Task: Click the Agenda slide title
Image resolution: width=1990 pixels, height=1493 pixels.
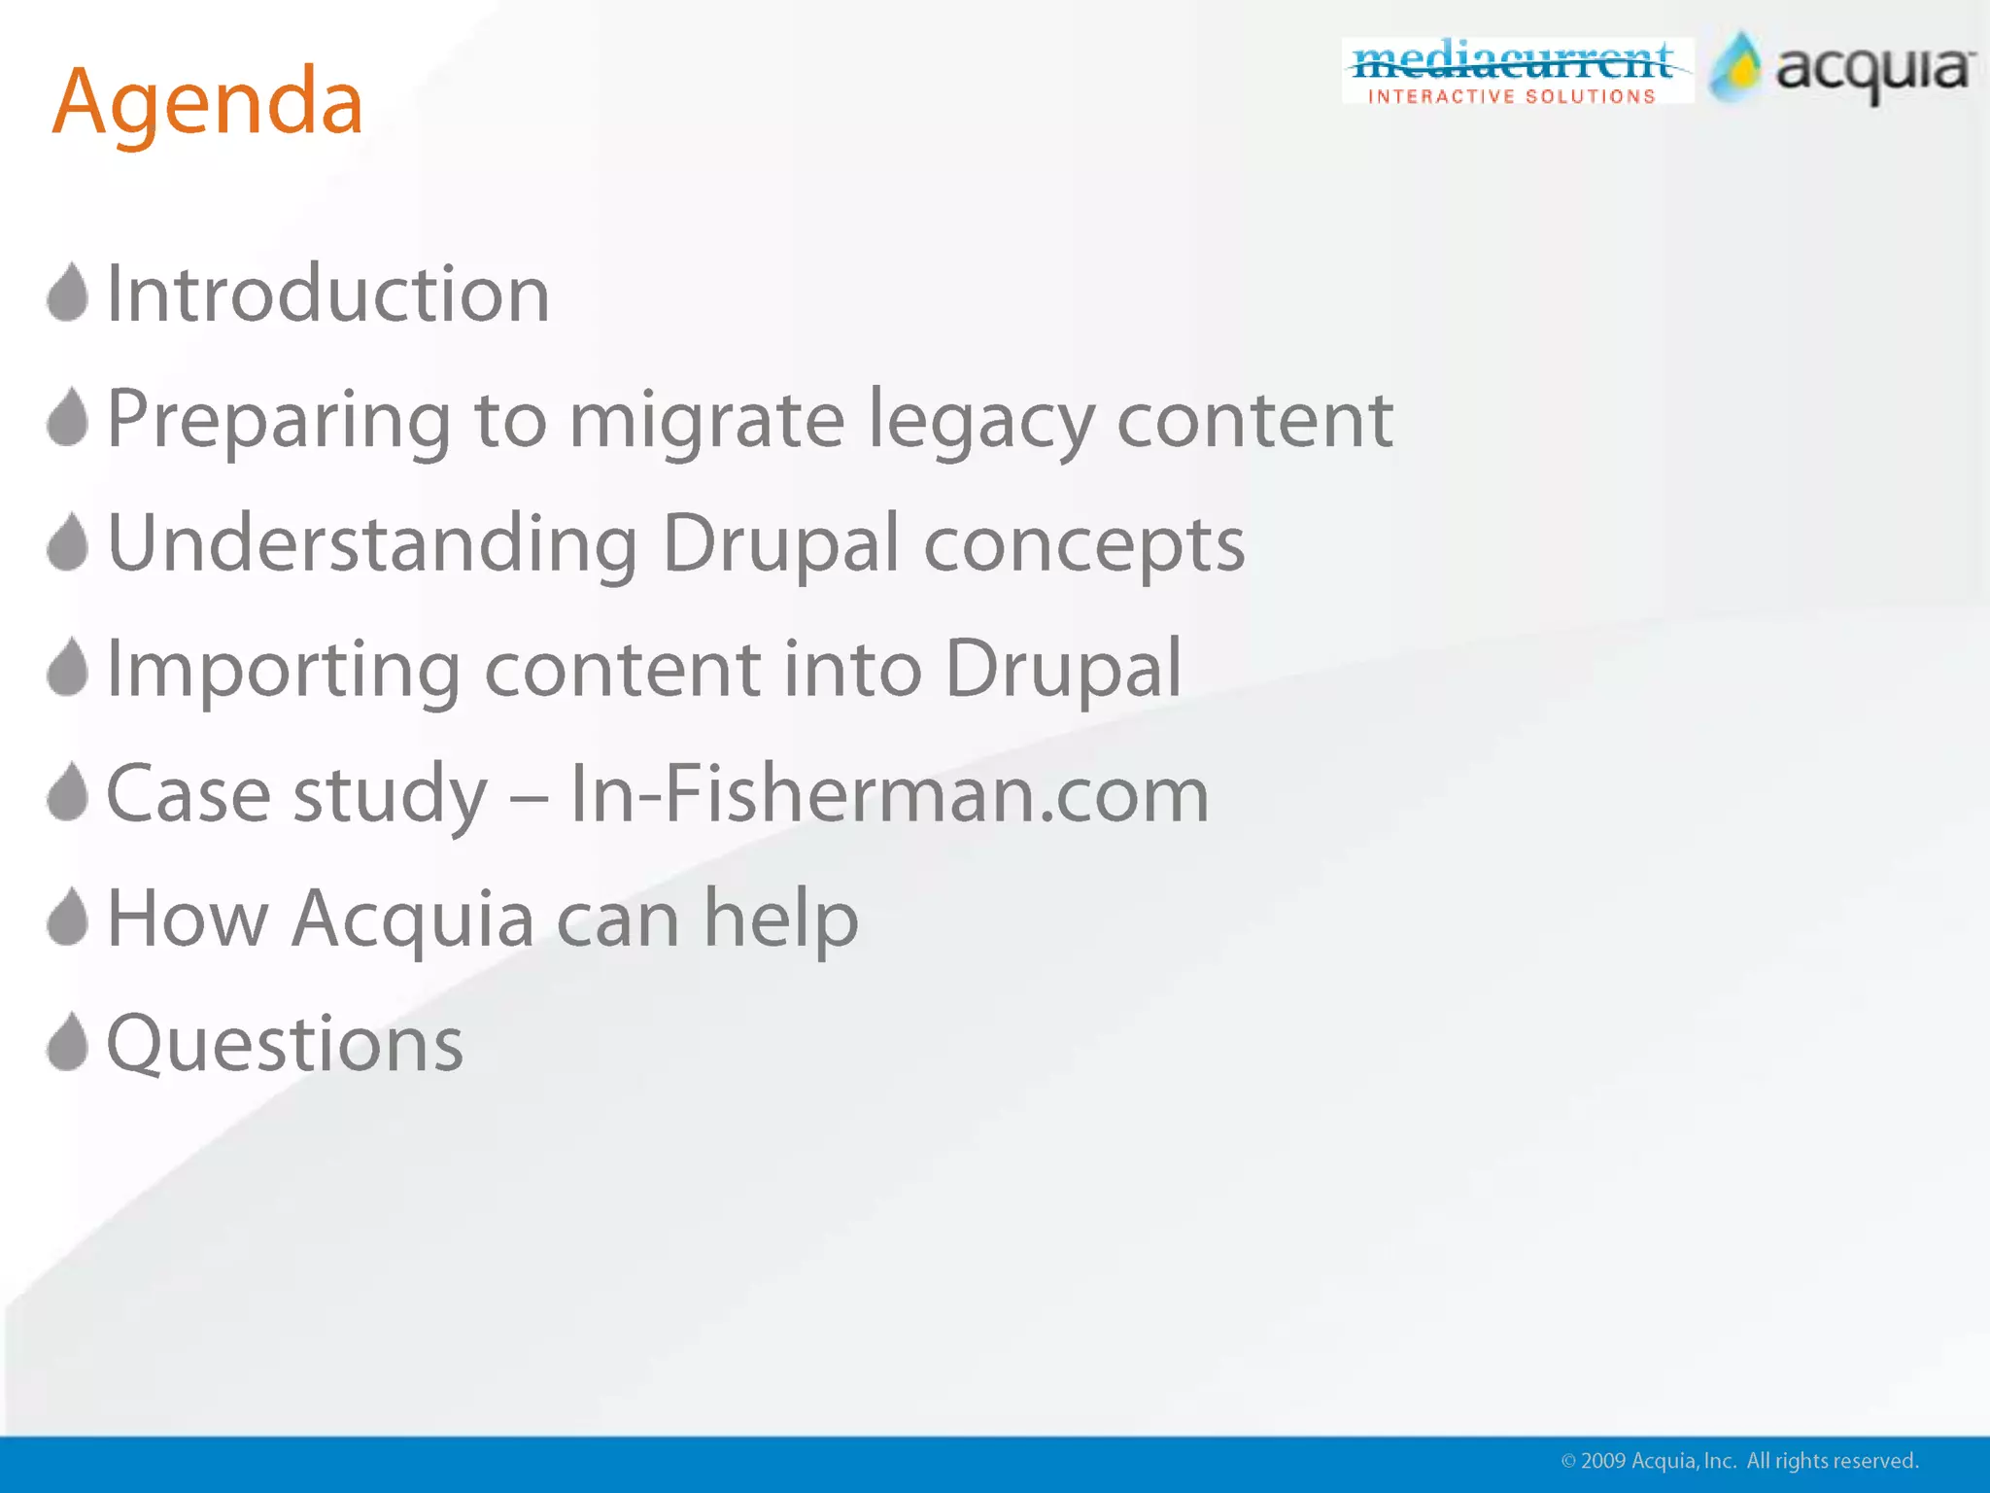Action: click(207, 102)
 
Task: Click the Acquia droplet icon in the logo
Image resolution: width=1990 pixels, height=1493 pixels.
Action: click(1735, 68)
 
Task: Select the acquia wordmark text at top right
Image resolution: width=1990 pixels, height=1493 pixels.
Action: click(1874, 71)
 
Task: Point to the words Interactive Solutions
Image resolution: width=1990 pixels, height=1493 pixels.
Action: click(1512, 96)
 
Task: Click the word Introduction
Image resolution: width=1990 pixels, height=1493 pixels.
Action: click(327, 294)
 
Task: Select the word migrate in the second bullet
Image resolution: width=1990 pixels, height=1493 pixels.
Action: click(706, 420)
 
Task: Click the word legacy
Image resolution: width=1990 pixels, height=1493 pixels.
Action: click(980, 420)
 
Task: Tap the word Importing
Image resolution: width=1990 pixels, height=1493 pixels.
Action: click(283, 670)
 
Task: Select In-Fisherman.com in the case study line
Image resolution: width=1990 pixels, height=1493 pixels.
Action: click(889, 794)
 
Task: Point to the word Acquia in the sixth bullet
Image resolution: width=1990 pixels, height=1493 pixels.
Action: click(413, 920)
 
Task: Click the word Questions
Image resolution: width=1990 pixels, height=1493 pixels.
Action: click(285, 1044)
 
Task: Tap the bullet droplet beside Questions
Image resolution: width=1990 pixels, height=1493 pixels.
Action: click(68, 1042)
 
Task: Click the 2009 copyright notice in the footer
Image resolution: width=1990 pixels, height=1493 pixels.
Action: click(1739, 1461)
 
